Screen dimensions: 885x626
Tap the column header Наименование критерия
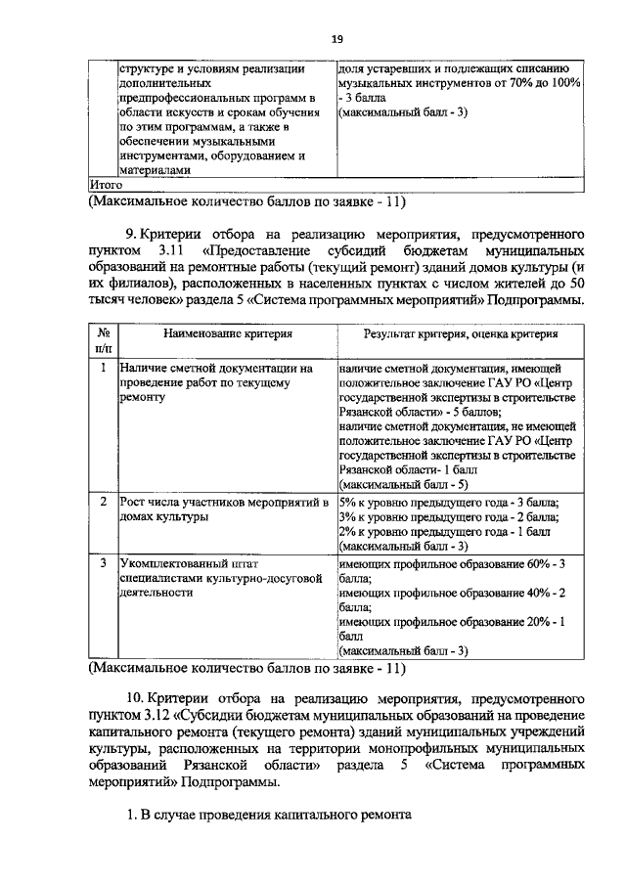(x=228, y=333)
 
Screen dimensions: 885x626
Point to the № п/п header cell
(x=103, y=340)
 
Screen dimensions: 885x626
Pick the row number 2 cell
(x=104, y=502)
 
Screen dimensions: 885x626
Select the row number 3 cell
(x=104, y=563)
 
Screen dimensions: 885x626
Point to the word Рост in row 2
(x=133, y=502)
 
